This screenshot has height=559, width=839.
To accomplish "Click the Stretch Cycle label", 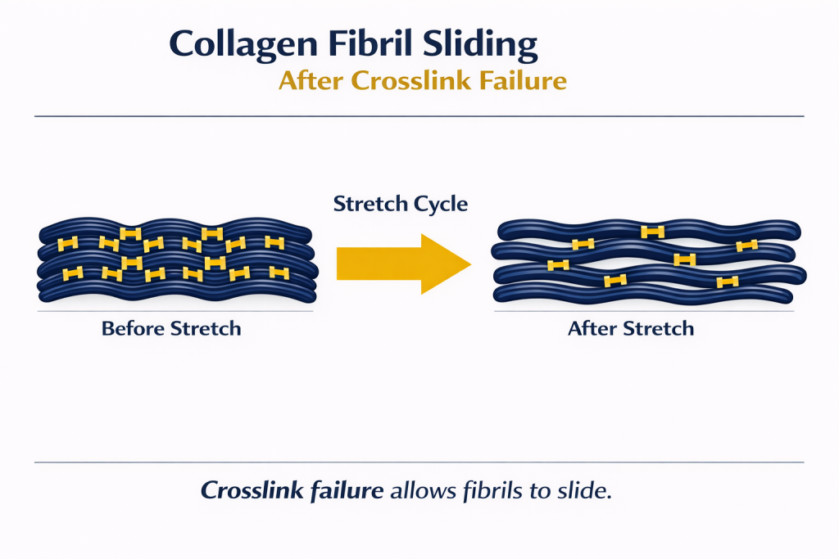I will point(400,204).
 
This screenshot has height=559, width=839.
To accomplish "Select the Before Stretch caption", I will point(171,329).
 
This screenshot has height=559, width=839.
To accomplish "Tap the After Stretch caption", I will point(631,329).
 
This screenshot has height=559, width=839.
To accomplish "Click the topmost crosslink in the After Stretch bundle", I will point(652,232).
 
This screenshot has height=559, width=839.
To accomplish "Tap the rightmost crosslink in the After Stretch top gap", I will point(746,246).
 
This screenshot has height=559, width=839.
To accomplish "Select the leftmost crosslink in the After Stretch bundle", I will point(558,264).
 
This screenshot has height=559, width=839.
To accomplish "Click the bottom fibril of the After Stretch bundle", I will point(574,292).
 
